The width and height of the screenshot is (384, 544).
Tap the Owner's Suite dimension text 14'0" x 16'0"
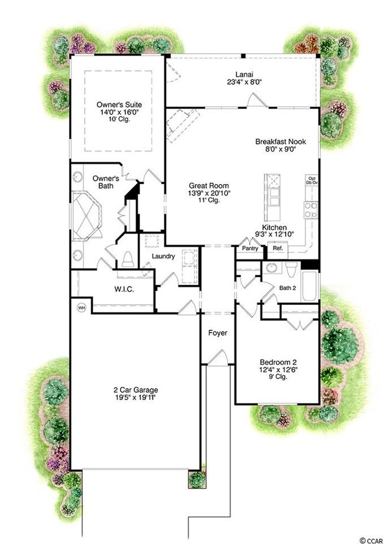pyautogui.click(x=120, y=111)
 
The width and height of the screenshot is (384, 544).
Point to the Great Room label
pyautogui.click(x=204, y=184)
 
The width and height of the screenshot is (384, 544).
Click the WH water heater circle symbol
pyautogui.click(x=82, y=307)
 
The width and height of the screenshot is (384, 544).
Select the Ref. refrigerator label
pyautogui.click(x=278, y=249)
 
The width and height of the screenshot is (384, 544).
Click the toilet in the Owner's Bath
pyautogui.click(x=128, y=259)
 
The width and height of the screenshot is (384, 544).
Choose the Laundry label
pyautogui.click(x=163, y=256)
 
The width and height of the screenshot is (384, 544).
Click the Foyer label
pyautogui.click(x=217, y=333)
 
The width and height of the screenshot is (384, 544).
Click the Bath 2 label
pyautogui.click(x=289, y=288)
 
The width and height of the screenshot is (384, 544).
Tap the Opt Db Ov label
pyautogui.click(x=311, y=182)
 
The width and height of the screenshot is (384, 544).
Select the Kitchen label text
pyautogui.click(x=275, y=227)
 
